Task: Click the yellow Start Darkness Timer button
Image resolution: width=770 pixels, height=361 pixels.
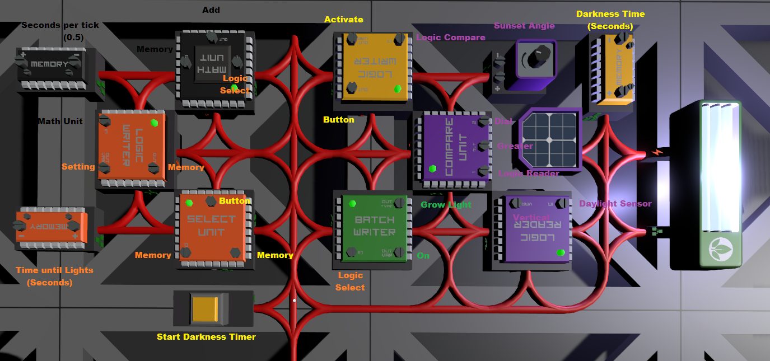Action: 205,309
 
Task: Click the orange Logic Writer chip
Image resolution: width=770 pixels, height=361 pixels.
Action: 131,146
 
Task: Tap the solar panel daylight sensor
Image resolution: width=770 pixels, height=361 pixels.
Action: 549,139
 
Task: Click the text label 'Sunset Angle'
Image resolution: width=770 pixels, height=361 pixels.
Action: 524,26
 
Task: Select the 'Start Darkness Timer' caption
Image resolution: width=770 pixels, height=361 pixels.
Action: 206,337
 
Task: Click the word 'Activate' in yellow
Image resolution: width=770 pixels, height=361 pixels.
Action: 343,20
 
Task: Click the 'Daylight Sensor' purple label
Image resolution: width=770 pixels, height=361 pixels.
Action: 615,204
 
